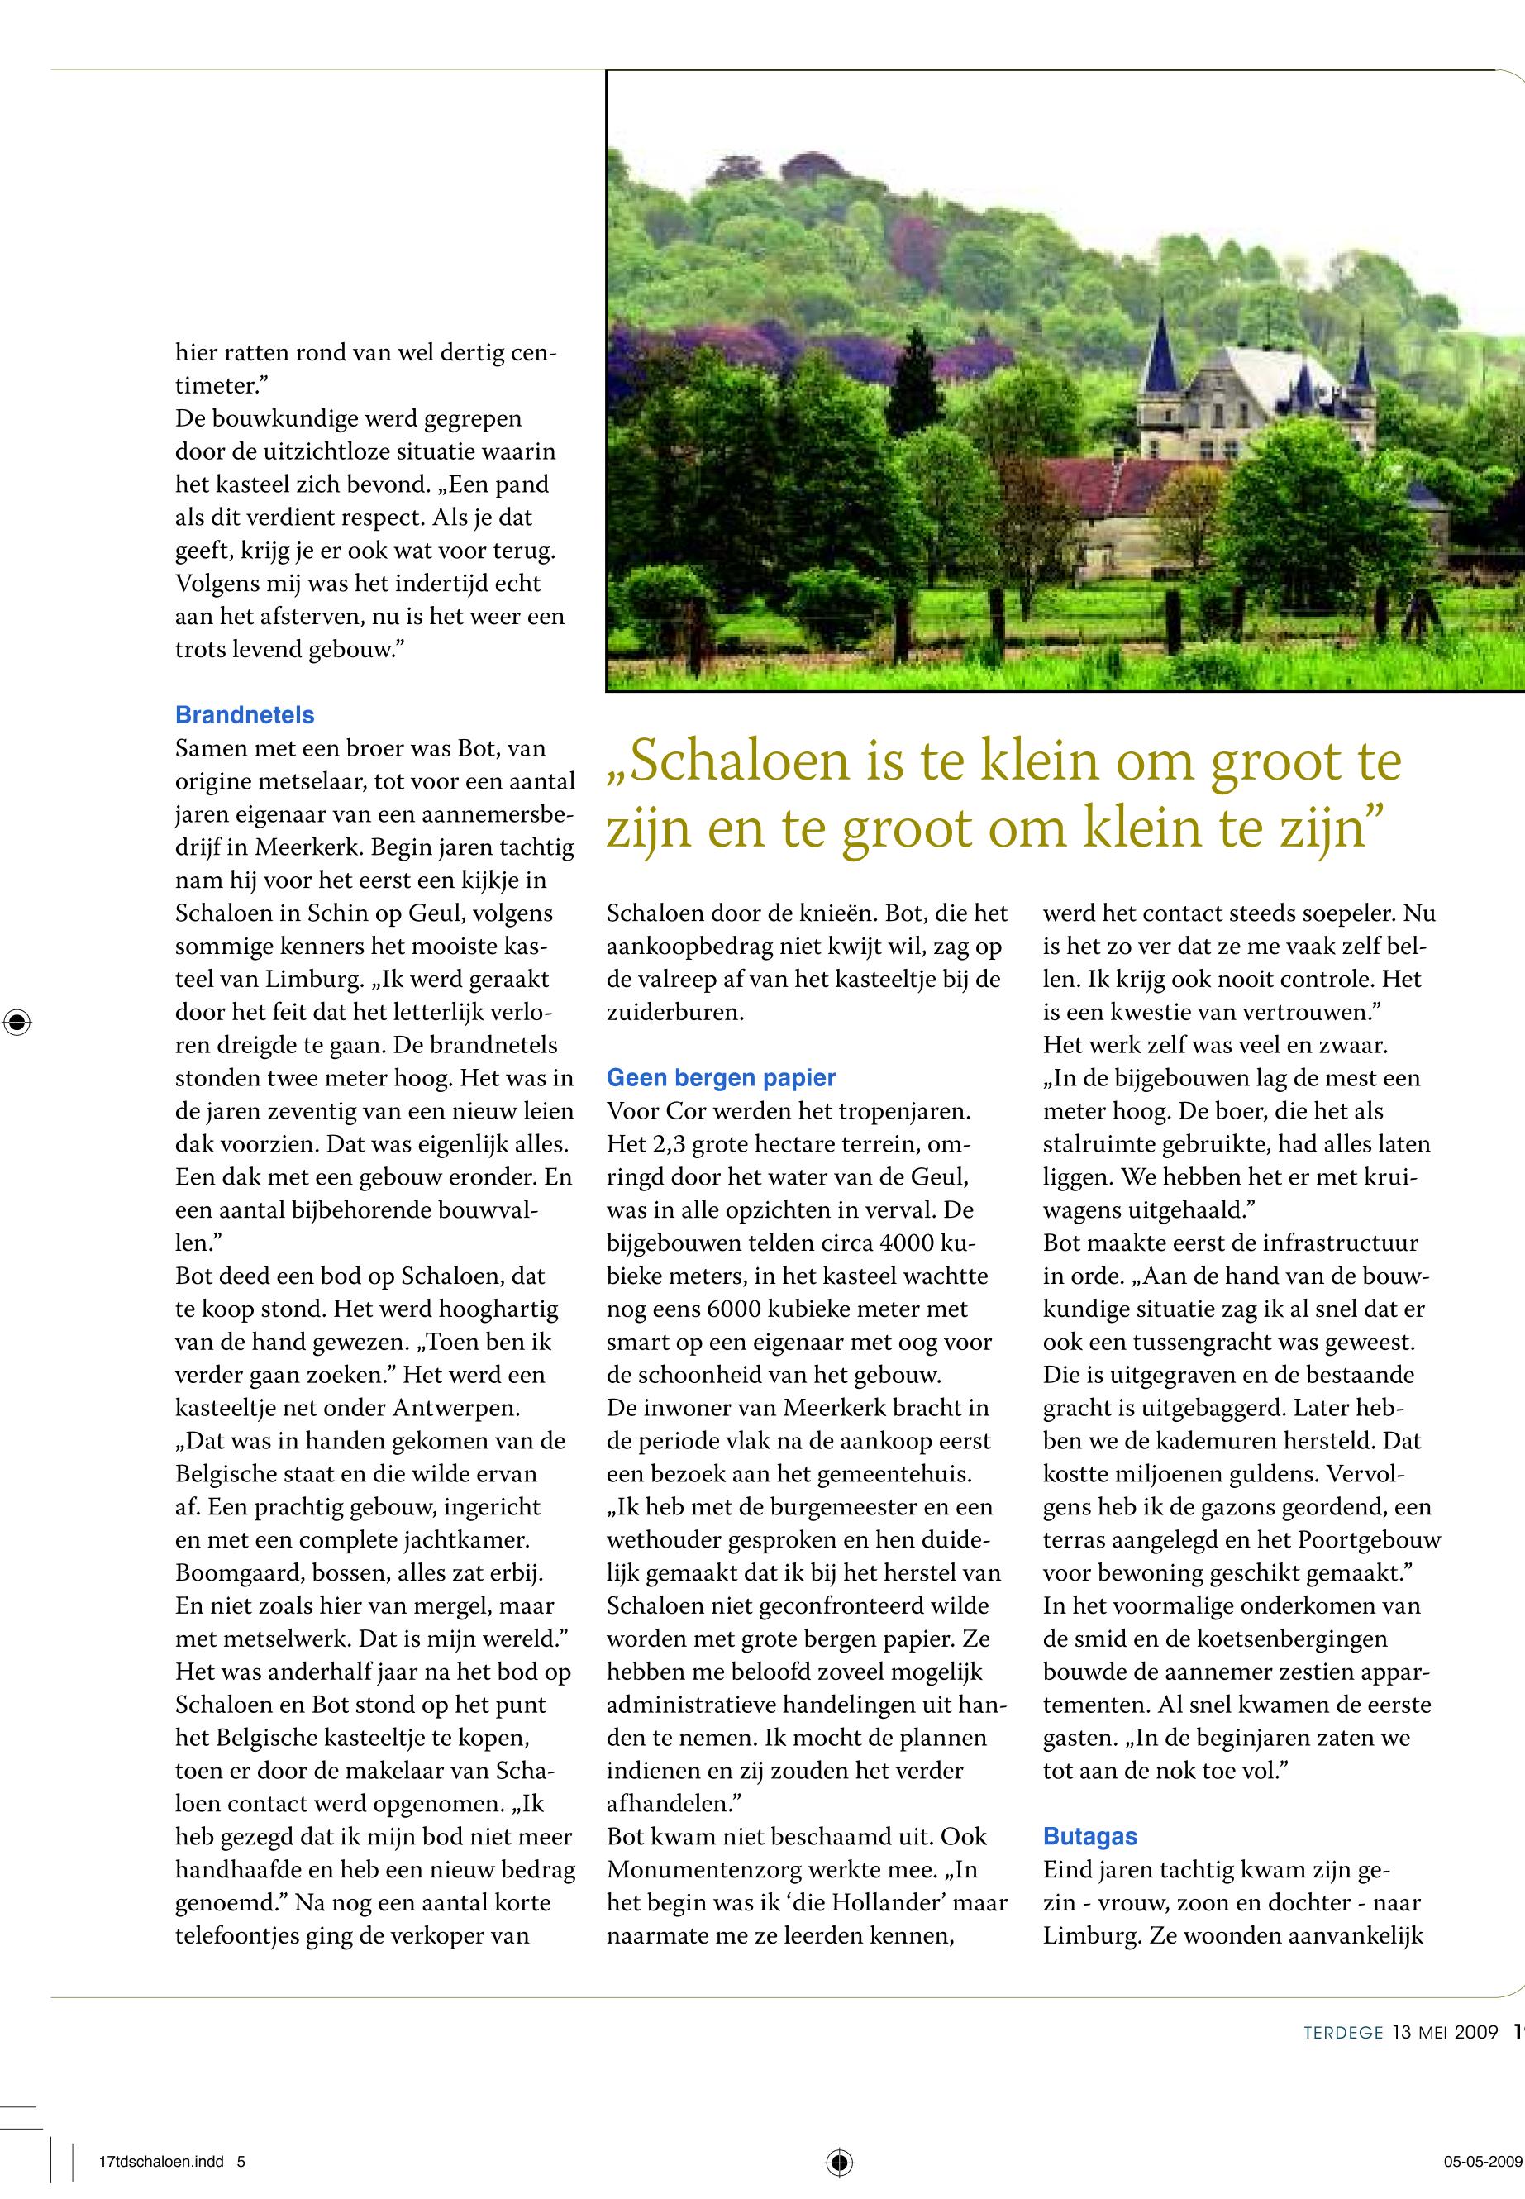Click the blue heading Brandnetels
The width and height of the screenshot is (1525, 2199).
(x=245, y=715)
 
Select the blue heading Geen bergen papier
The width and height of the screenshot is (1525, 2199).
(x=721, y=1078)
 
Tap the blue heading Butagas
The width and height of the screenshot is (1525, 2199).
(x=1090, y=1836)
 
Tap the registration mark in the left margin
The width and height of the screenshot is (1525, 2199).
(x=17, y=1023)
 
